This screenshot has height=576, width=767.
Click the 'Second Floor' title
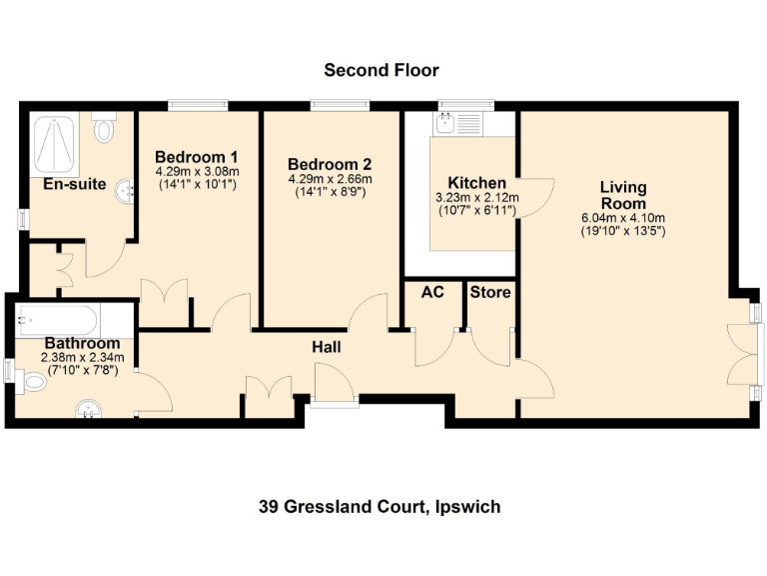point(381,70)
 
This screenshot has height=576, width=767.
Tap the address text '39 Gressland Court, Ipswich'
point(380,507)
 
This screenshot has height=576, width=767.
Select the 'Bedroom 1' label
point(196,157)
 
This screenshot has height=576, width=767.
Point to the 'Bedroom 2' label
point(330,165)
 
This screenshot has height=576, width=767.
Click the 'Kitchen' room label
point(476,183)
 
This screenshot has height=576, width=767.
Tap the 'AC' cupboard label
point(433,292)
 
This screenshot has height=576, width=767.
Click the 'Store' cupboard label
point(489,292)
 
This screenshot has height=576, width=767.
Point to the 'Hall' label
point(327,347)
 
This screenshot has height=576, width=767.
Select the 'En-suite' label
point(74,184)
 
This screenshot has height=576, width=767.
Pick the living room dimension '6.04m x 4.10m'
point(623,218)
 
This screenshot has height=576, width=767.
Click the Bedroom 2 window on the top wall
point(340,105)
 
